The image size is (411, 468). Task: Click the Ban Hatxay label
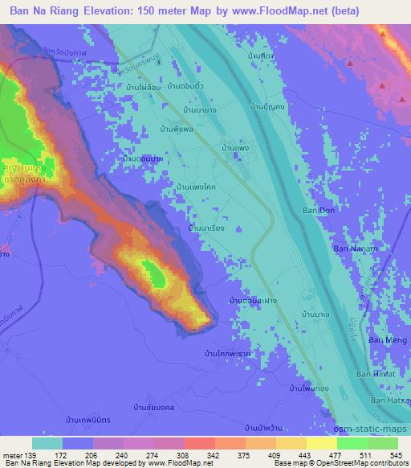pos(389,400)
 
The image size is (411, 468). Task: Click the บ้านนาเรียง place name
pos(205,229)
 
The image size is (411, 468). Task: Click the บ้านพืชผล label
pos(177,128)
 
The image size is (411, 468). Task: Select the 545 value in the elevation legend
pos(394,455)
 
